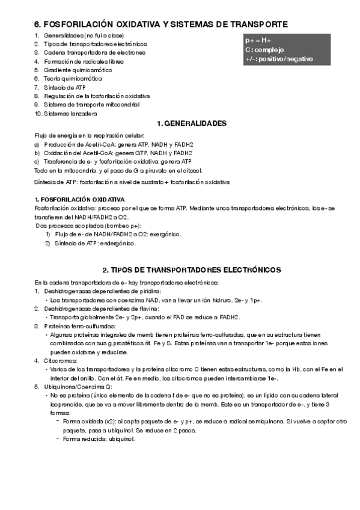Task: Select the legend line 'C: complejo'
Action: click(264, 49)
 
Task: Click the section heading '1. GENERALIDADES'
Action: click(191, 123)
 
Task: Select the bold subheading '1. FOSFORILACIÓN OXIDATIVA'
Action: click(79, 199)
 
